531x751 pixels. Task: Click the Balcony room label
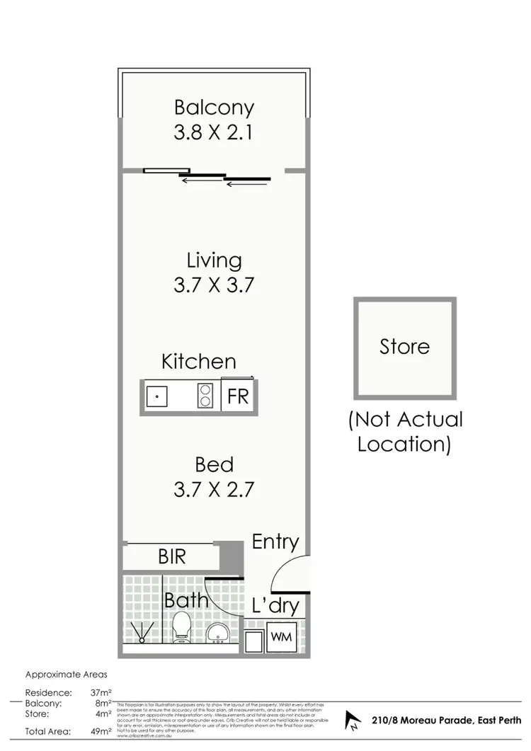(x=214, y=108)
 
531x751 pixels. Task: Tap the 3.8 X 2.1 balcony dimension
(x=214, y=132)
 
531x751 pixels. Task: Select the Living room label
(x=214, y=260)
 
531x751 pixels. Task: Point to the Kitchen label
(x=199, y=362)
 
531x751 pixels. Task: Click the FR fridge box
(x=238, y=396)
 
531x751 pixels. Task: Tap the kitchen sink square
(x=156, y=396)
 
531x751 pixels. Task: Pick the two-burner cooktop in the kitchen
(x=205, y=396)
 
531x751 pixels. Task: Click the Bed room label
(x=214, y=465)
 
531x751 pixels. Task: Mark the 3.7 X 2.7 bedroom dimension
(x=214, y=489)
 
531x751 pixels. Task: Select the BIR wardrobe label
(x=171, y=557)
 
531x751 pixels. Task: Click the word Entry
(x=275, y=542)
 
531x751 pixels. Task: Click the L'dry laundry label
(x=275, y=606)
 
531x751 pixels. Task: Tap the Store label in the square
(x=405, y=347)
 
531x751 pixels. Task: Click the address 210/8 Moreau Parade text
(x=445, y=721)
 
